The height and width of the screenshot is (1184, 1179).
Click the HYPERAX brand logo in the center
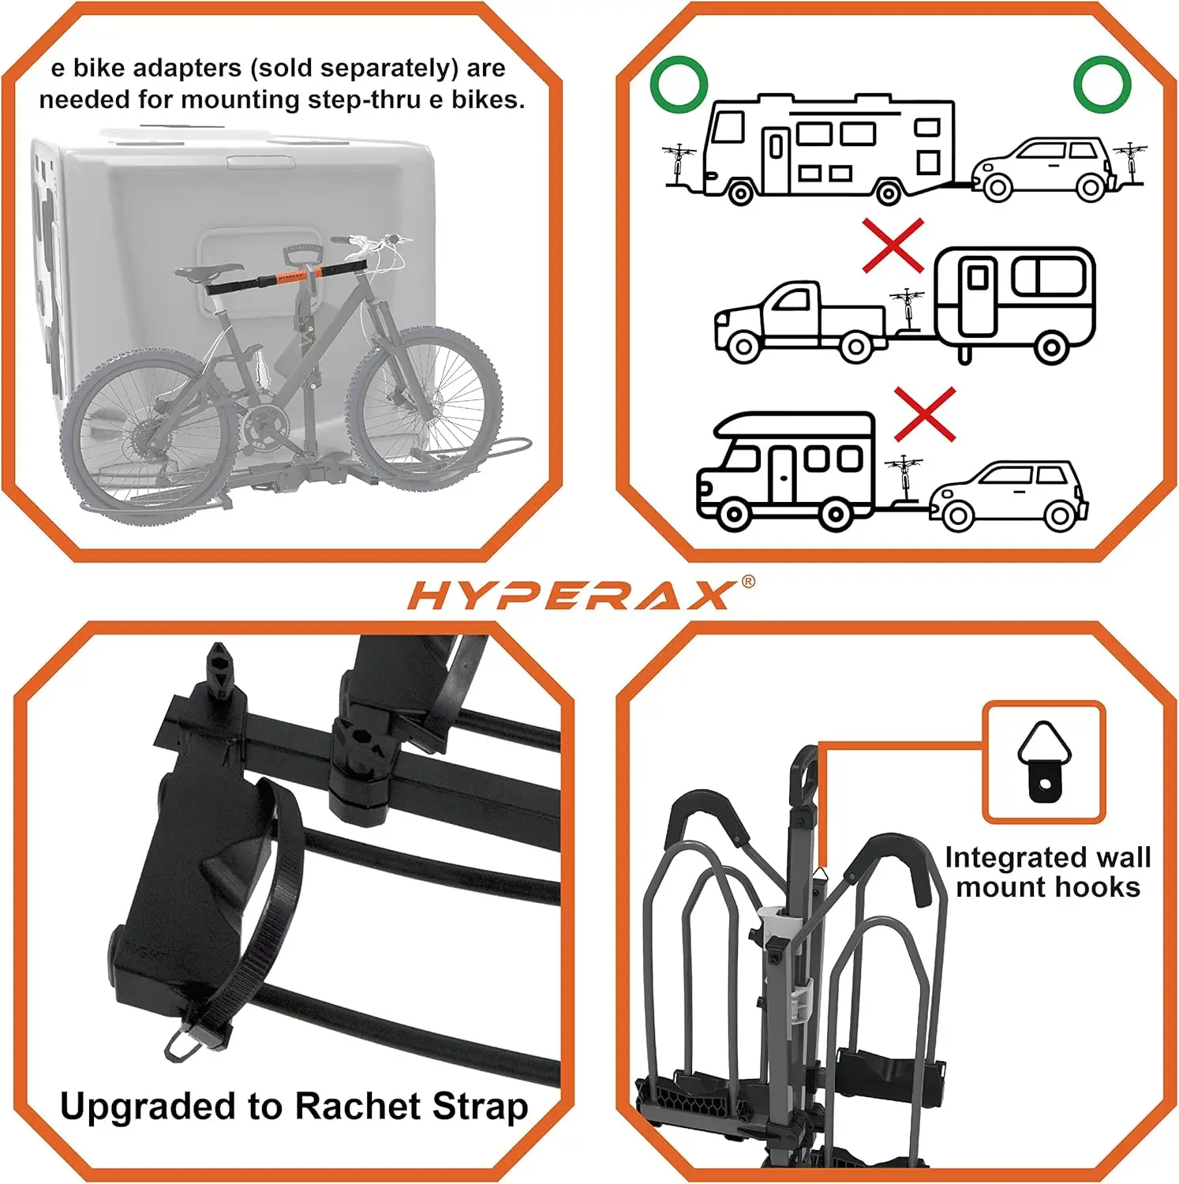[x=570, y=595]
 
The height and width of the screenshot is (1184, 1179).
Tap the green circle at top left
[x=678, y=84]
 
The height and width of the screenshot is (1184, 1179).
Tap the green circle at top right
[x=1102, y=84]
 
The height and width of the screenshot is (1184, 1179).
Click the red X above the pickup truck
[x=893, y=246]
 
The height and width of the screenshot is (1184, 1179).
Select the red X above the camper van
[x=925, y=414]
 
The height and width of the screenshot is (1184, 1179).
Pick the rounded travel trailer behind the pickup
[x=1015, y=304]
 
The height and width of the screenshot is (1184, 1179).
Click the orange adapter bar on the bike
[x=292, y=278]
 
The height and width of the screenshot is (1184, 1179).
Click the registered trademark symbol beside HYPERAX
[x=747, y=582]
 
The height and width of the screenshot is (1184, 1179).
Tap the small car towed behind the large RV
[x=1040, y=170]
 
